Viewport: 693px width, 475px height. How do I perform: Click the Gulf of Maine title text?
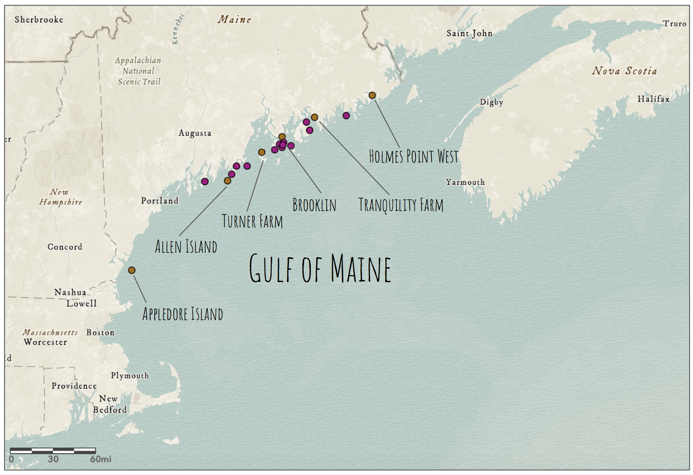[x=320, y=268]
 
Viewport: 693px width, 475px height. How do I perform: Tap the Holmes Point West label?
[x=413, y=156]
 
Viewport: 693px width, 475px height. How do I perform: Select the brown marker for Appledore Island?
[x=132, y=270]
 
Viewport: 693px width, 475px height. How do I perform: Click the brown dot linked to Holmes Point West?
[x=372, y=95]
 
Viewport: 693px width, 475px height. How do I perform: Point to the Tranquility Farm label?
[x=401, y=205]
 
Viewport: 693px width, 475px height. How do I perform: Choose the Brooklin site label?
[x=314, y=205]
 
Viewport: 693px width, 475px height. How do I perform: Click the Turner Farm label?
[x=252, y=221]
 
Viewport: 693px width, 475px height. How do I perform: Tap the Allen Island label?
[x=186, y=247]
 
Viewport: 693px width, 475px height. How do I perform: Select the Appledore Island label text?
[x=183, y=314]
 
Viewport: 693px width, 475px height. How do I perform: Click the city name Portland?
[x=159, y=200]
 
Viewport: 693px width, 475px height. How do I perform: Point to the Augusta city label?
[x=195, y=133]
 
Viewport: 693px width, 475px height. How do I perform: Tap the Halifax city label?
[x=653, y=99]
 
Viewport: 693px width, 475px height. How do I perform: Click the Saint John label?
[x=469, y=33]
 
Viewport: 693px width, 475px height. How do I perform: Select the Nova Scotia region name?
[x=624, y=71]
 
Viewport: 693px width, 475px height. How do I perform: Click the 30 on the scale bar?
[x=53, y=459]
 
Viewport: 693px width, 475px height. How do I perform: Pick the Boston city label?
[x=100, y=332]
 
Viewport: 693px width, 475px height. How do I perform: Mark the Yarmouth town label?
[x=465, y=182]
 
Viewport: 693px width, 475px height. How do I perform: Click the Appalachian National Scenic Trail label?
[x=138, y=71]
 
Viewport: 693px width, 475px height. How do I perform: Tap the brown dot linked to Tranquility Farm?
[x=315, y=117]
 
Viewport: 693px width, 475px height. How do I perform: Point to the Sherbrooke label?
[x=39, y=19]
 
